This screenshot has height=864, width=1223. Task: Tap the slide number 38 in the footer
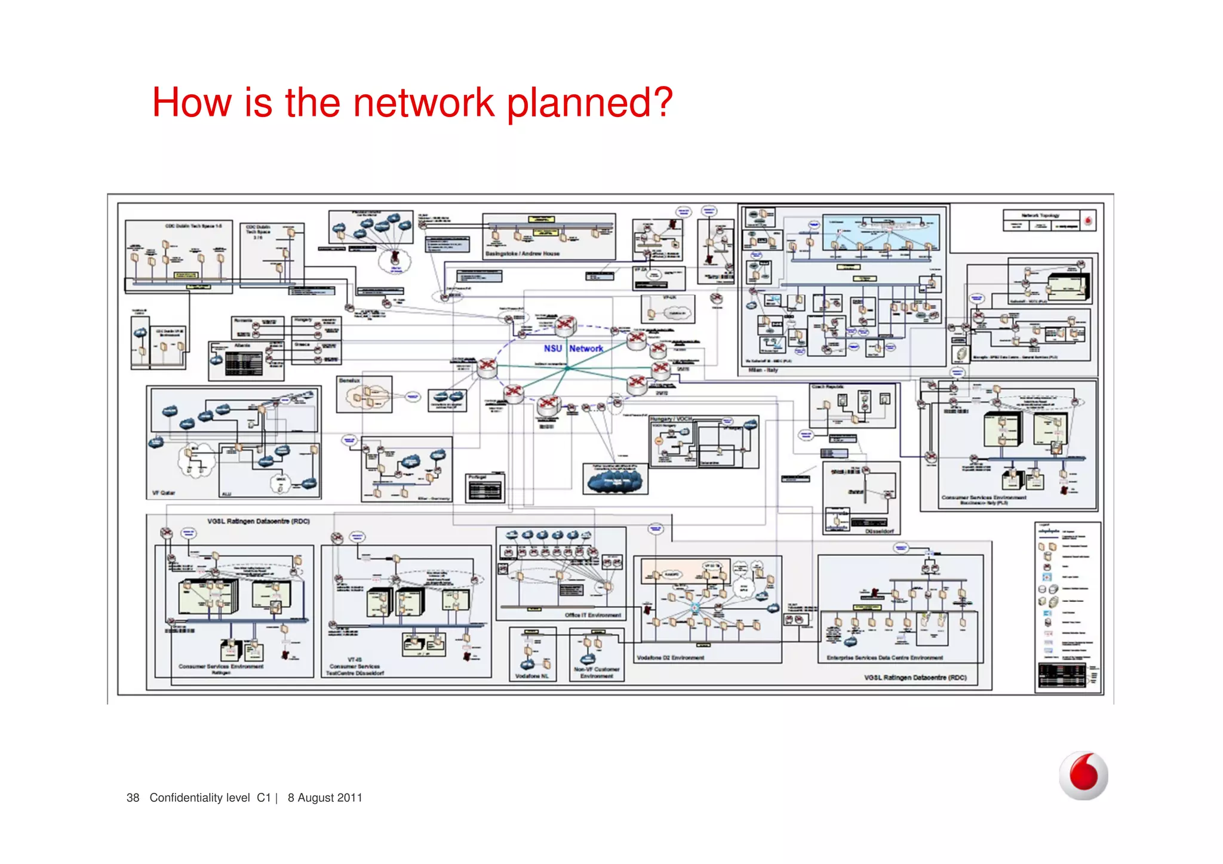133,798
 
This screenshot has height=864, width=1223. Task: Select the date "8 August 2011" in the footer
325,798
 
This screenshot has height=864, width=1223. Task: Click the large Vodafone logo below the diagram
1083,776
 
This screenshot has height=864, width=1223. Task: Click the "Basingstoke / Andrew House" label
522,254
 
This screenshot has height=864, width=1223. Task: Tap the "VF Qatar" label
164,493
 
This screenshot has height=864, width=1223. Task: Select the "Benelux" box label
349,380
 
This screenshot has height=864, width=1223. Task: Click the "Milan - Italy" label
763,370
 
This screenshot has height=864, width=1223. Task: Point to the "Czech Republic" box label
828,387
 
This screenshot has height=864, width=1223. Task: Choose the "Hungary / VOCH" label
671,419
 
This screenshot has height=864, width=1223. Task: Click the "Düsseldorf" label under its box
879,531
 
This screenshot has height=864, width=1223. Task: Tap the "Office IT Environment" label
592,615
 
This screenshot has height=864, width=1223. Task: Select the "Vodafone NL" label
531,676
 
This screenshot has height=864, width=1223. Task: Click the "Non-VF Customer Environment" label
597,672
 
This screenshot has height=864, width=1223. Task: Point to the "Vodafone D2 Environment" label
670,658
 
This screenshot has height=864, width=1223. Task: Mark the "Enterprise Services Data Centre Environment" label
884,658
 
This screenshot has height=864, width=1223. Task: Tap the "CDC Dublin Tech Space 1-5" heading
193,226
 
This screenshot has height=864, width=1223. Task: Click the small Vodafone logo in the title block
1088,221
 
